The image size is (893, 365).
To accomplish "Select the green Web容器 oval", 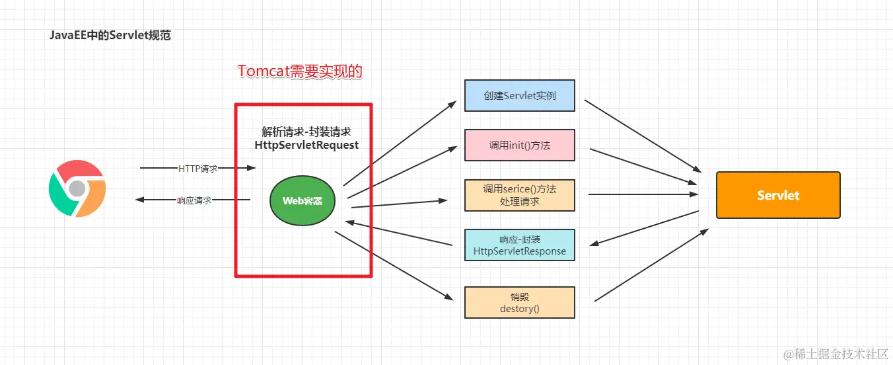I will tap(303, 201).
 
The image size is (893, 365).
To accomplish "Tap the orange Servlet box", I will tap(778, 195).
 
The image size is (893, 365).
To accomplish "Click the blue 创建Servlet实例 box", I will tap(519, 96).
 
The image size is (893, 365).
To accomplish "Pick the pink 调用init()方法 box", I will tap(519, 145).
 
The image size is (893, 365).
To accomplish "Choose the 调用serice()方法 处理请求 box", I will tap(519, 194).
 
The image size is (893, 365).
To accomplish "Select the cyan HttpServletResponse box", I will tap(519, 245).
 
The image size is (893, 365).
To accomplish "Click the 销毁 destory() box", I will tap(519, 302).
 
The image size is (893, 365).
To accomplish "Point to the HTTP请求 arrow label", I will tap(197, 168).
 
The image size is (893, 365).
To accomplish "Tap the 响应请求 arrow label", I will tap(194, 200).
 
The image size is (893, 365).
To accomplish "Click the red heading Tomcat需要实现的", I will tap(300, 71).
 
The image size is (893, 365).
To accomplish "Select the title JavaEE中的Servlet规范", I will tap(110, 36).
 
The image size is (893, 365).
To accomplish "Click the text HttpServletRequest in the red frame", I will tap(306, 145).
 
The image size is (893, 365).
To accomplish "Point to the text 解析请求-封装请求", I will tap(306, 132).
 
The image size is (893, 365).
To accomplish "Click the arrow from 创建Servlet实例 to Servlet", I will tap(641, 134).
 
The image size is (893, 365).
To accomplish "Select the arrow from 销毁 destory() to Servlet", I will tap(651, 266).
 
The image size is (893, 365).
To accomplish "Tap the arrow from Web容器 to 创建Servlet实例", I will tap(400, 143).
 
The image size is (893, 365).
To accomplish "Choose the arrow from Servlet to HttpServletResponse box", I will tap(644, 228).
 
